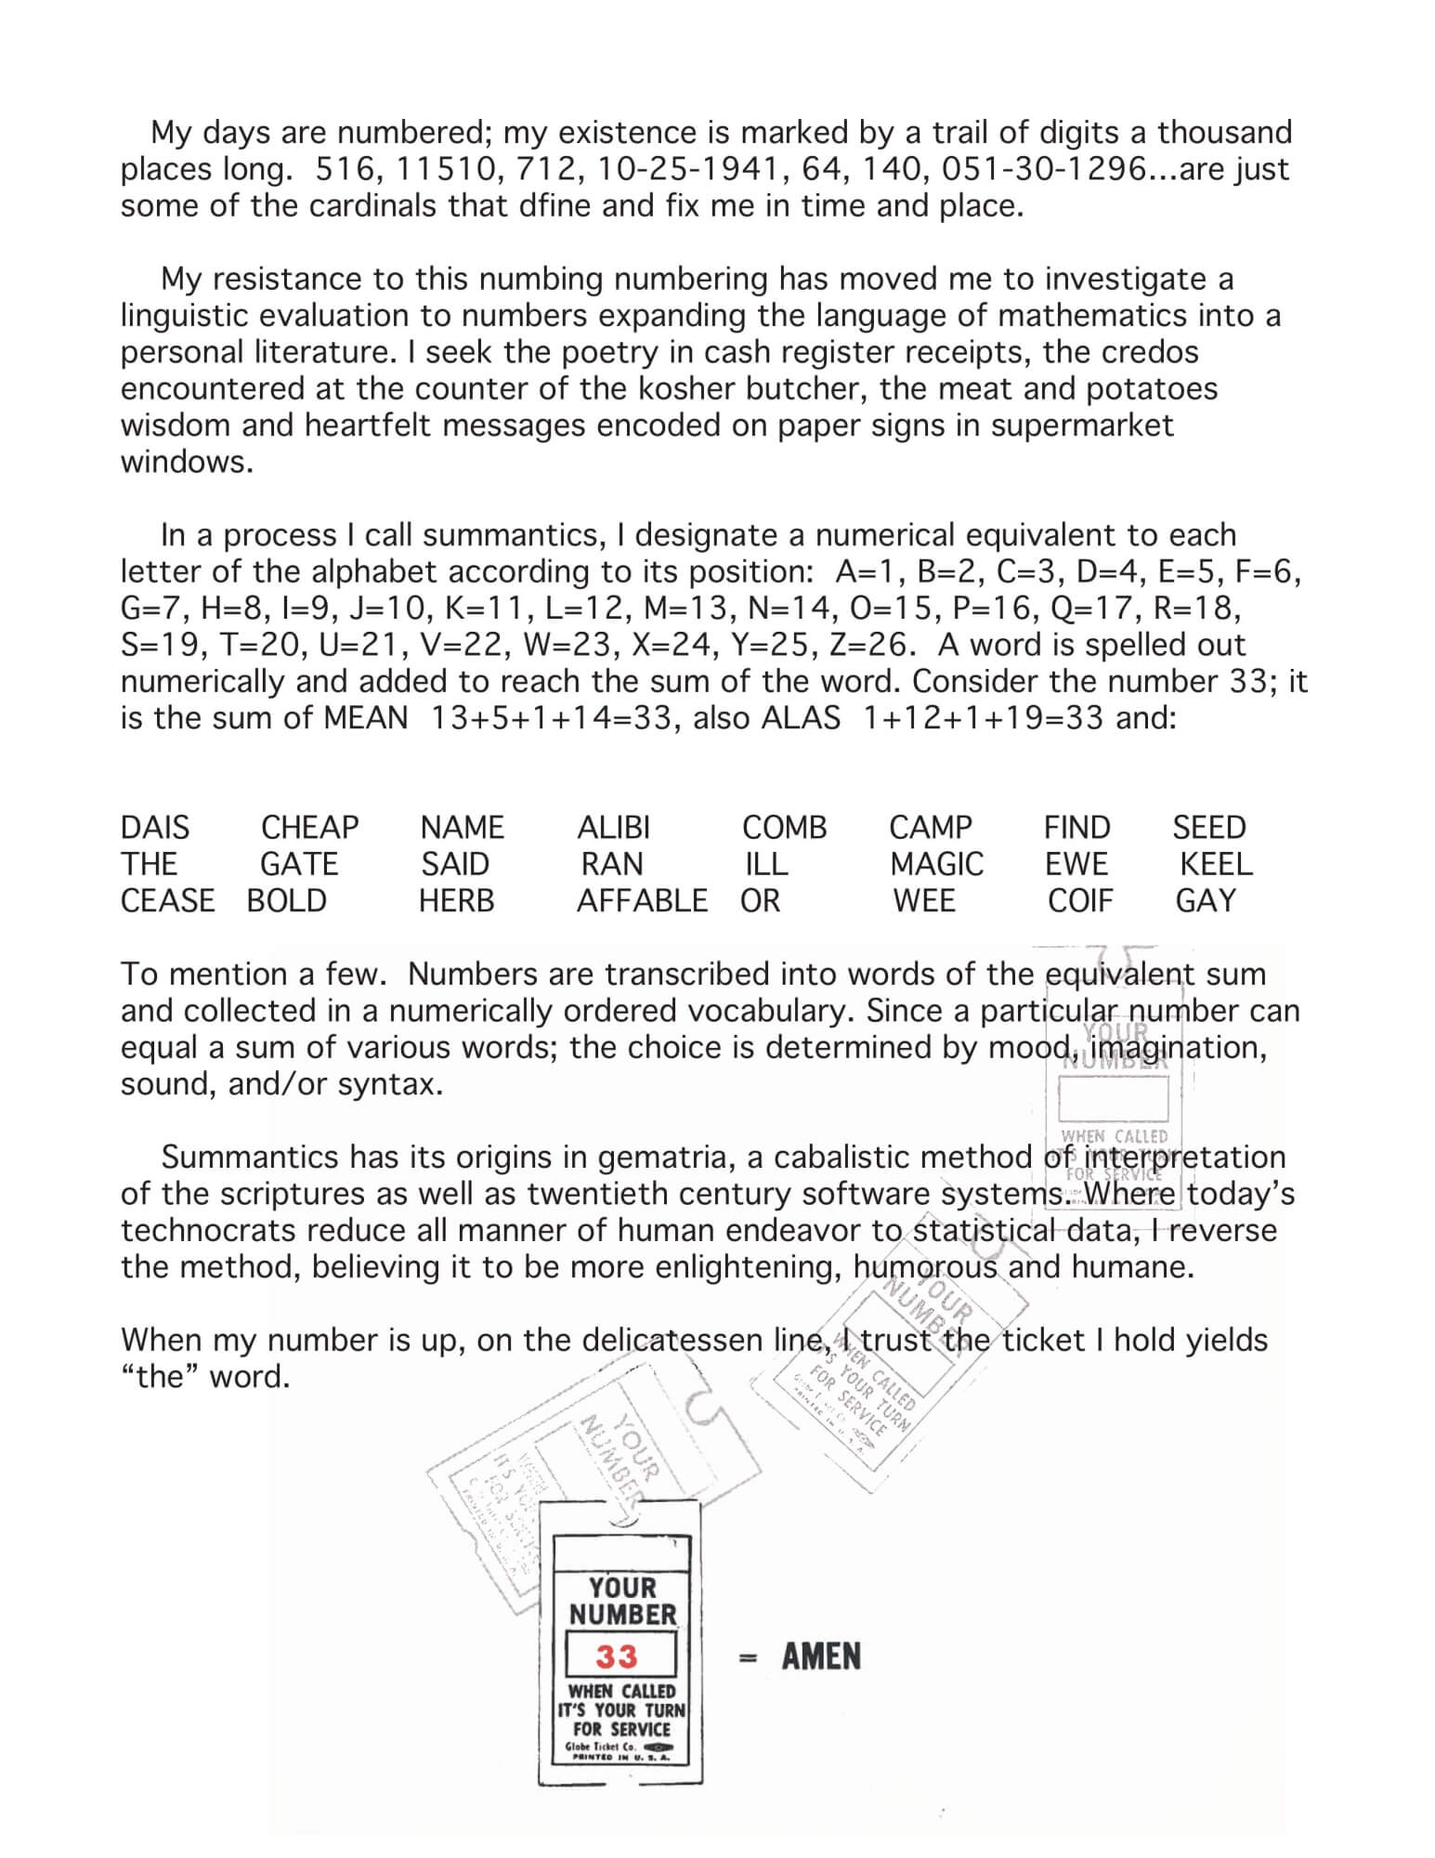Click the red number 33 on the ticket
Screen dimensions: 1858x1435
coord(617,1657)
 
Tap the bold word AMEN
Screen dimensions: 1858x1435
coord(821,1656)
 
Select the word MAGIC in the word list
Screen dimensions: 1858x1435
coord(936,864)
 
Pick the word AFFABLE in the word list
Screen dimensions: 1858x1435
coord(642,900)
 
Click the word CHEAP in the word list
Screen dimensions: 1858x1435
coord(309,827)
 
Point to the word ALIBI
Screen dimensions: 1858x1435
coord(613,827)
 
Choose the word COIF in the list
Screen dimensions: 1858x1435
coord(1079,900)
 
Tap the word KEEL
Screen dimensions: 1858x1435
coord(1215,864)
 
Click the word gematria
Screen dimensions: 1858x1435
coord(661,1157)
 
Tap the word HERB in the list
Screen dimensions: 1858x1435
coord(456,900)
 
